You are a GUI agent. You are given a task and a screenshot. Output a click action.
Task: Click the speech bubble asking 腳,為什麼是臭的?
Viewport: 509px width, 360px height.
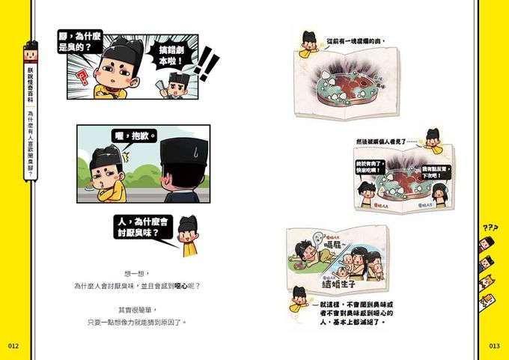point(82,40)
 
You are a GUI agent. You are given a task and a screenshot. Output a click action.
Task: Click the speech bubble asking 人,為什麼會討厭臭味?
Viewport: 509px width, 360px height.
point(145,228)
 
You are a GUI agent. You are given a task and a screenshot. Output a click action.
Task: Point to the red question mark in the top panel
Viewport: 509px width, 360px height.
point(83,78)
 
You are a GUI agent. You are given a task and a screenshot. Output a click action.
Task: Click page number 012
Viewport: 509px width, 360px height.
point(13,346)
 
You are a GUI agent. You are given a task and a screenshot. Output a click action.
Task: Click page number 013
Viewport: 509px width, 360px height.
point(494,346)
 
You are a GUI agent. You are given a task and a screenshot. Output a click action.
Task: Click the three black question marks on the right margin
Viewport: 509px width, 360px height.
point(490,227)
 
